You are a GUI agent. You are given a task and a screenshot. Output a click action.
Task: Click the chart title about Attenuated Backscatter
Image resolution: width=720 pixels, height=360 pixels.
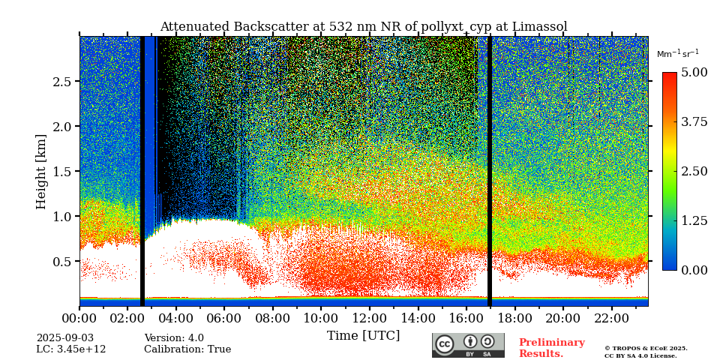click(364, 27)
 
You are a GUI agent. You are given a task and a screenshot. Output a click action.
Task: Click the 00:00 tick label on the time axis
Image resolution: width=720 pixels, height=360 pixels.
click(79, 319)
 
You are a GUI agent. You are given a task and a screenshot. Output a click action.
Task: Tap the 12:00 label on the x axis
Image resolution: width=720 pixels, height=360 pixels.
click(369, 319)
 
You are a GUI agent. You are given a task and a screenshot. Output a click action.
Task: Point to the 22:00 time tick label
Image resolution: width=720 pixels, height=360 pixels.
click(611, 319)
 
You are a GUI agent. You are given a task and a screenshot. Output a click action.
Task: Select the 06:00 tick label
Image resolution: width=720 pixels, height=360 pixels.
click(224, 319)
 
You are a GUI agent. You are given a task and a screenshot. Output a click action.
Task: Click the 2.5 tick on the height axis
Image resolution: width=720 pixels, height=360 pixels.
click(62, 82)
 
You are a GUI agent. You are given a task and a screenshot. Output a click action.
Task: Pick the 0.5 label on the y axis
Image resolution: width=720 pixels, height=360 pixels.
click(62, 262)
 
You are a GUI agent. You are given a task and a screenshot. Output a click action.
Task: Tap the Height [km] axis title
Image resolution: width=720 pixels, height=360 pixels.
click(41, 171)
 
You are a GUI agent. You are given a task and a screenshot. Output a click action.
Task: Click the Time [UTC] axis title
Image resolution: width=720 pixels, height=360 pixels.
click(364, 335)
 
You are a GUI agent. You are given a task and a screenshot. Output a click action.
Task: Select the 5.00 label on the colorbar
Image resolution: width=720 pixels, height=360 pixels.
click(694, 73)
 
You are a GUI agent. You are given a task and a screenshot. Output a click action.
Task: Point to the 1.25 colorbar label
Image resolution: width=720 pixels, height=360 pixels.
click(694, 220)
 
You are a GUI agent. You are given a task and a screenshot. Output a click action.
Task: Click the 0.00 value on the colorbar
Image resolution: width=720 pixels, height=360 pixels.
click(694, 270)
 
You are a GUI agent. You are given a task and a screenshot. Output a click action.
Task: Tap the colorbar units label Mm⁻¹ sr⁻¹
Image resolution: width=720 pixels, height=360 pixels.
click(677, 54)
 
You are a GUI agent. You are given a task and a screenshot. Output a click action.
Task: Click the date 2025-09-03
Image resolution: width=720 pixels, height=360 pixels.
click(65, 338)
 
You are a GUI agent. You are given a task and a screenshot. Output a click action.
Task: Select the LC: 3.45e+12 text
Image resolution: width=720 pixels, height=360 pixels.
click(71, 349)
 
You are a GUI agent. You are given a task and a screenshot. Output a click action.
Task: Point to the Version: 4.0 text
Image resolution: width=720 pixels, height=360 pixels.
click(174, 338)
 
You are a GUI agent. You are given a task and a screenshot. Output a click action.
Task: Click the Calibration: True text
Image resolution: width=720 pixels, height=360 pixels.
click(187, 349)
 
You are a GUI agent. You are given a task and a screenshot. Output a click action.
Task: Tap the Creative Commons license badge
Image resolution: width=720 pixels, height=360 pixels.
click(468, 345)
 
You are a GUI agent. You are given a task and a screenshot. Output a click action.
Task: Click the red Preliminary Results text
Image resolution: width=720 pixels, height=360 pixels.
click(551, 348)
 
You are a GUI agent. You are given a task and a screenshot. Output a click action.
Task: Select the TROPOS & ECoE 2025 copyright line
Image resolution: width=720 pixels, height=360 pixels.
click(646, 349)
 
